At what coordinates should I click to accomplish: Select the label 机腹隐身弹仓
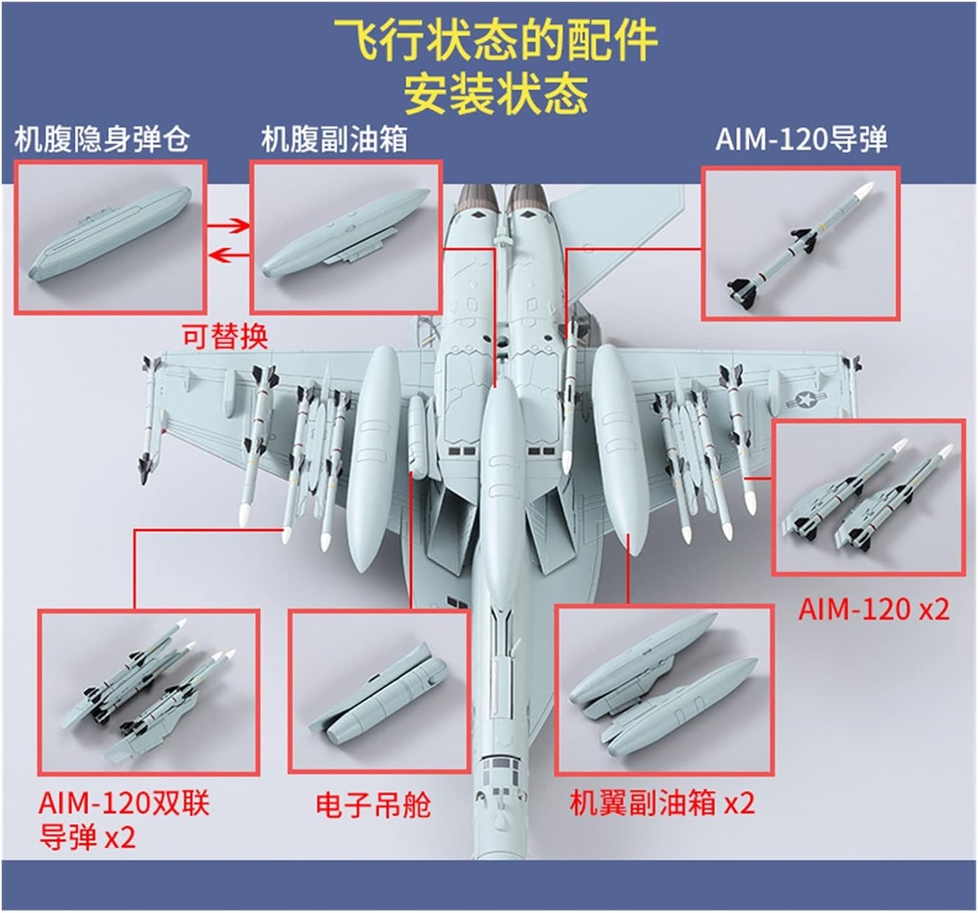102,139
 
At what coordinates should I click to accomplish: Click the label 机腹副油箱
334,139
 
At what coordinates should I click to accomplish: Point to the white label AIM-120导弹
801,139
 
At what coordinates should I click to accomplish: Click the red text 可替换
224,337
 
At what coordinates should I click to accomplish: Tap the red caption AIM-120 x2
874,609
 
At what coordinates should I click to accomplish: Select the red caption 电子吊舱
372,805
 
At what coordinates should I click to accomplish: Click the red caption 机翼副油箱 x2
662,803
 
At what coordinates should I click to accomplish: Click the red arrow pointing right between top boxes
230,226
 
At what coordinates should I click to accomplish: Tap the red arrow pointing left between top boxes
230,255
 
